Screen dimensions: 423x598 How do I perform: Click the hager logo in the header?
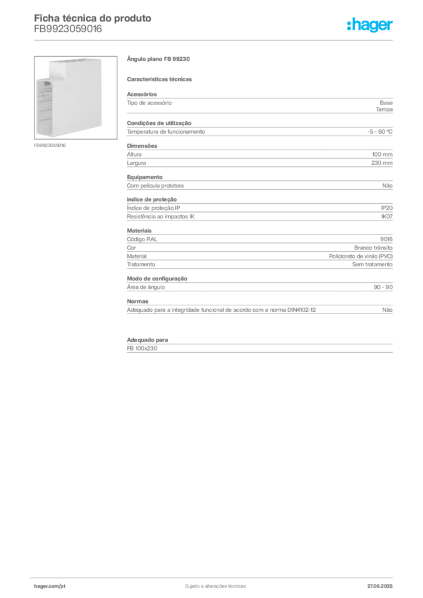pos(370,25)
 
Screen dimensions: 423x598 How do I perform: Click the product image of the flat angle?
pos(75,98)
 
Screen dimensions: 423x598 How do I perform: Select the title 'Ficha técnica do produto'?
pos(93,18)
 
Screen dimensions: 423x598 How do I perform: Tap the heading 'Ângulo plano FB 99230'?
pos(158,59)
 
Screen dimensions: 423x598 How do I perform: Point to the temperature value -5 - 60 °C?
pos(380,131)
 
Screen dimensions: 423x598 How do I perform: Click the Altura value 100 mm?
pos(382,154)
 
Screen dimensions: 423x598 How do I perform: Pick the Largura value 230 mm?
pos(382,163)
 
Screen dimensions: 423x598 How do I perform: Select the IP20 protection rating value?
pos(387,208)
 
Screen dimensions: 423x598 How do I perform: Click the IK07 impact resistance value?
pos(387,216)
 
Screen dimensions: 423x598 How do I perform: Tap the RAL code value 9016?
pos(386,239)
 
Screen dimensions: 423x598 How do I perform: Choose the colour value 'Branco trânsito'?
pos(373,248)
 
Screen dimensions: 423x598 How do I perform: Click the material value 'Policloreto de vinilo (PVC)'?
pos(361,256)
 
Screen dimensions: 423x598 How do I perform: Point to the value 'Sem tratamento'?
pos(372,265)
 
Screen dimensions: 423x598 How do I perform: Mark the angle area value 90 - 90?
pos(383,287)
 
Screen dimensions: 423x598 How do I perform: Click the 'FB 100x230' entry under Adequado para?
pos(142,348)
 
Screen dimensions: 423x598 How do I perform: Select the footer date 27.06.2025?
pos(380,586)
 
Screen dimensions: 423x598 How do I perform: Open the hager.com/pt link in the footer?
pos(50,586)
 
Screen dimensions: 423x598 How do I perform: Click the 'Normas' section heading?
pos(138,301)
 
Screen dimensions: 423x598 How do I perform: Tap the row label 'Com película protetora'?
pos(155,186)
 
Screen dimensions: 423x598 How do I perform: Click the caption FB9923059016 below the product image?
pos(50,145)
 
